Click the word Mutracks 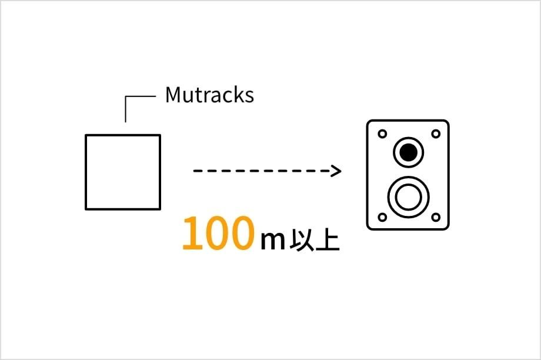click(209, 95)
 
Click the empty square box click(123, 172)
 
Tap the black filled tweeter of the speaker click(408, 152)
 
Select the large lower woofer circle click(408, 196)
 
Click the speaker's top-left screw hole click(382, 134)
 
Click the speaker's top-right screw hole click(436, 134)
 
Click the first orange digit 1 click(192, 234)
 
